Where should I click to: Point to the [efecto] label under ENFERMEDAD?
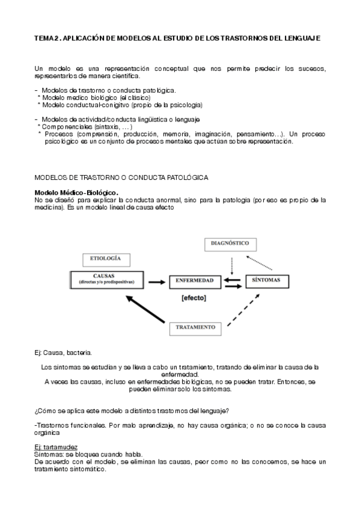(x=193, y=298)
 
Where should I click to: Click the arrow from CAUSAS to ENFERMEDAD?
(x=156, y=281)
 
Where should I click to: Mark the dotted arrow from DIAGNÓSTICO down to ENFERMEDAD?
(x=232, y=263)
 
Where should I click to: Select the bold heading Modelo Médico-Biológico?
(x=76, y=191)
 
